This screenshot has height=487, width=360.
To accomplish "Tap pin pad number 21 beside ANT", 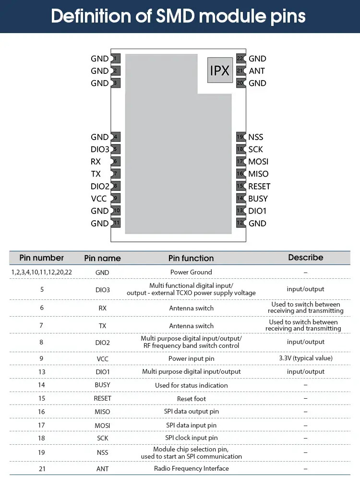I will [x=240, y=71].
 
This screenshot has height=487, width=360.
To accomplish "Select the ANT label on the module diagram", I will [x=257, y=71].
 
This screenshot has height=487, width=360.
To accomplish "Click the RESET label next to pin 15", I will [x=259, y=186].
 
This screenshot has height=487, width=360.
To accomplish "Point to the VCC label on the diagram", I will [x=99, y=199].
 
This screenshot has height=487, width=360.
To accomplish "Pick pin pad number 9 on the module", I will [x=116, y=198].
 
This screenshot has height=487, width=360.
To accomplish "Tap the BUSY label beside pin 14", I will [x=258, y=199].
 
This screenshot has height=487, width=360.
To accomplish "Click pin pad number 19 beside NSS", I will [x=240, y=137].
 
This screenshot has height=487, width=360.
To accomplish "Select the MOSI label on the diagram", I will [x=258, y=162].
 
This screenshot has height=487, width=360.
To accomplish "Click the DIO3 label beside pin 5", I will [x=100, y=149].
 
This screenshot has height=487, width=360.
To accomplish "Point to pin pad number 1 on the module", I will [x=116, y=59].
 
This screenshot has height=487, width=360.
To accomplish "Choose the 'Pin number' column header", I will [x=42, y=258].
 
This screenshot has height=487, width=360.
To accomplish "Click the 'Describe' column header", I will [x=306, y=258].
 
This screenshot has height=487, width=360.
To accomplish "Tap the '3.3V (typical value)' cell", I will [x=306, y=358].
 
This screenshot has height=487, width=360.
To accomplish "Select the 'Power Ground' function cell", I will [x=191, y=272].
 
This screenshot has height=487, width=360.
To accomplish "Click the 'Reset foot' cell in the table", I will [x=192, y=398].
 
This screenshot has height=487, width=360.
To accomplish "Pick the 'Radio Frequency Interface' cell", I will [x=192, y=468].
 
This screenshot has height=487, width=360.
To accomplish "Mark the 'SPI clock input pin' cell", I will [x=192, y=438].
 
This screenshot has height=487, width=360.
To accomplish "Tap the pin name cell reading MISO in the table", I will [x=102, y=412].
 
